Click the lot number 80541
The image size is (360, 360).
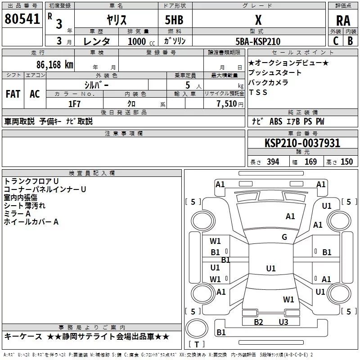coord(22,19)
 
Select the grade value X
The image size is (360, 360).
coord(258,20)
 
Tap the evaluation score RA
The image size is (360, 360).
coord(343,21)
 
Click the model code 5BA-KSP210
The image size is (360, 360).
coord(258,41)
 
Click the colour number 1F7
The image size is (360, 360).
coord(74,103)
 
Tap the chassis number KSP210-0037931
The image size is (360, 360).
coord(302,143)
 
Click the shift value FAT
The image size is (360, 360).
coord(13,94)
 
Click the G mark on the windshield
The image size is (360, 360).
coord(284,237)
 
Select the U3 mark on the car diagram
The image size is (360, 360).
coord(283,322)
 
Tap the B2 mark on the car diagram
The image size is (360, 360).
coord(258,322)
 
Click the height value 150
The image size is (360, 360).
coord(346,162)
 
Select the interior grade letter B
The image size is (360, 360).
coord(350,41)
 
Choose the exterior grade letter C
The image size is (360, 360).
coord(336,41)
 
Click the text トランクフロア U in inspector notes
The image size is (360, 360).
coord(31,181)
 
